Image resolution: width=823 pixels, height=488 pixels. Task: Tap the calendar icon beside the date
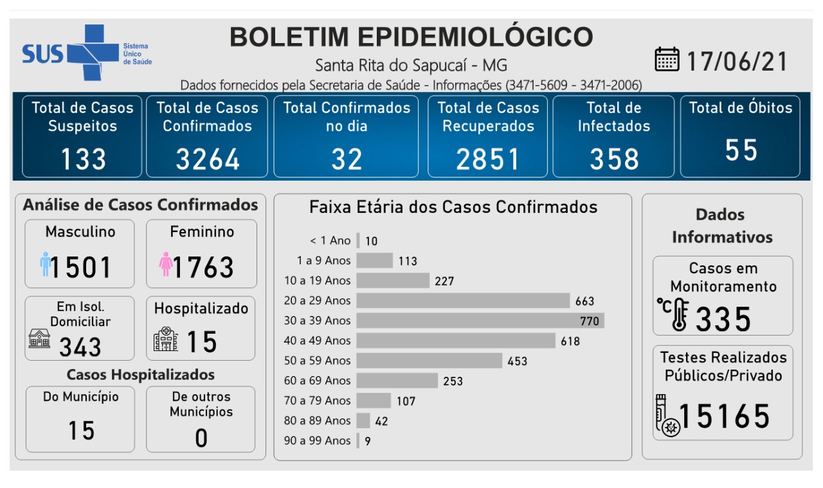pyautogui.click(x=667, y=60)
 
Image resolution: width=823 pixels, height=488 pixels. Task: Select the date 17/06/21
pyautogui.click(x=737, y=62)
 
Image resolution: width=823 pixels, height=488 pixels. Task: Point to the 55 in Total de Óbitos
pyautogui.click(x=741, y=150)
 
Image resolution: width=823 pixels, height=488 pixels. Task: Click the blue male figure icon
pyautogui.click(x=45, y=264)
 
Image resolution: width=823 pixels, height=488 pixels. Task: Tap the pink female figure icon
pyautogui.click(x=165, y=264)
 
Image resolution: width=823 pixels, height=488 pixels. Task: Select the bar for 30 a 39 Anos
pyautogui.click(x=480, y=320)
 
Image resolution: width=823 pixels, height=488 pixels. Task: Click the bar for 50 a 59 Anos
pyautogui.click(x=429, y=361)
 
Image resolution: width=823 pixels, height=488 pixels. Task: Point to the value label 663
pyautogui.click(x=585, y=301)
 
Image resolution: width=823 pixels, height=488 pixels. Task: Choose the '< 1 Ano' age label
pyautogui.click(x=330, y=240)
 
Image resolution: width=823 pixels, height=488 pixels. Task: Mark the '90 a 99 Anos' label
pyautogui.click(x=318, y=440)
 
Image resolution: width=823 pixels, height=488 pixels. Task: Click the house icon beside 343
pyautogui.click(x=39, y=338)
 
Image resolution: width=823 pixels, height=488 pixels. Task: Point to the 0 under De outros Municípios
pyautogui.click(x=201, y=438)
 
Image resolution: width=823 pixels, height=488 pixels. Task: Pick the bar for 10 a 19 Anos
pyautogui.click(x=392, y=280)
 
